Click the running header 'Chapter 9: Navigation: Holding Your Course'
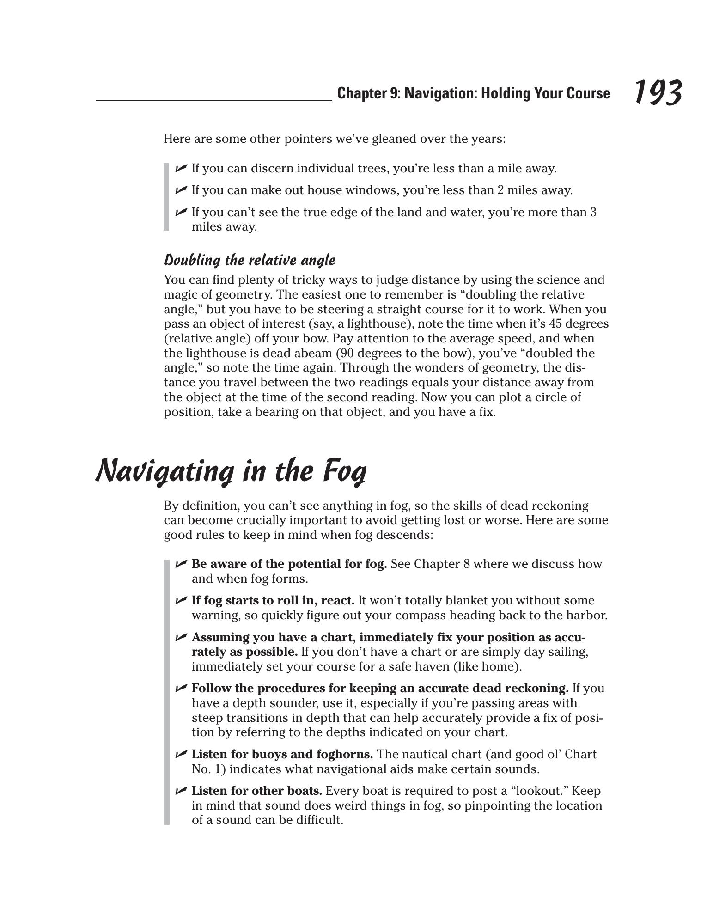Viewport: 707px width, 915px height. pyautogui.click(x=473, y=93)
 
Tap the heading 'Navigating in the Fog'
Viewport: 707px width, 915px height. pyautogui.click(x=231, y=471)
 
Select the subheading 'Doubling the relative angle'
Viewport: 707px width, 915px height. pyautogui.click(x=250, y=260)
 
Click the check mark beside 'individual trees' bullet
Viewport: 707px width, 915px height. pyautogui.click(x=181, y=168)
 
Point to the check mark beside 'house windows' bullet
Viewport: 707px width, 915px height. pyautogui.click(x=181, y=189)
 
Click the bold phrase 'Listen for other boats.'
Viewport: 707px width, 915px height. pyautogui.click(x=256, y=791)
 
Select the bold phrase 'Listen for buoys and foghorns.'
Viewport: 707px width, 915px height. pyautogui.click(x=282, y=754)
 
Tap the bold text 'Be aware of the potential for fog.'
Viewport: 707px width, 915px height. pyautogui.click(x=289, y=564)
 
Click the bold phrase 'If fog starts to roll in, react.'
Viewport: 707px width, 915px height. pyautogui.click(x=273, y=600)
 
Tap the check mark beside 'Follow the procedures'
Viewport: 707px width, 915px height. pyautogui.click(x=181, y=688)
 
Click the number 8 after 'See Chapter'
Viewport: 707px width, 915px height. pyautogui.click(x=466, y=564)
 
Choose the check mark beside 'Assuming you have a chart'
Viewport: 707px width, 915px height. pyautogui.click(x=181, y=637)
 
